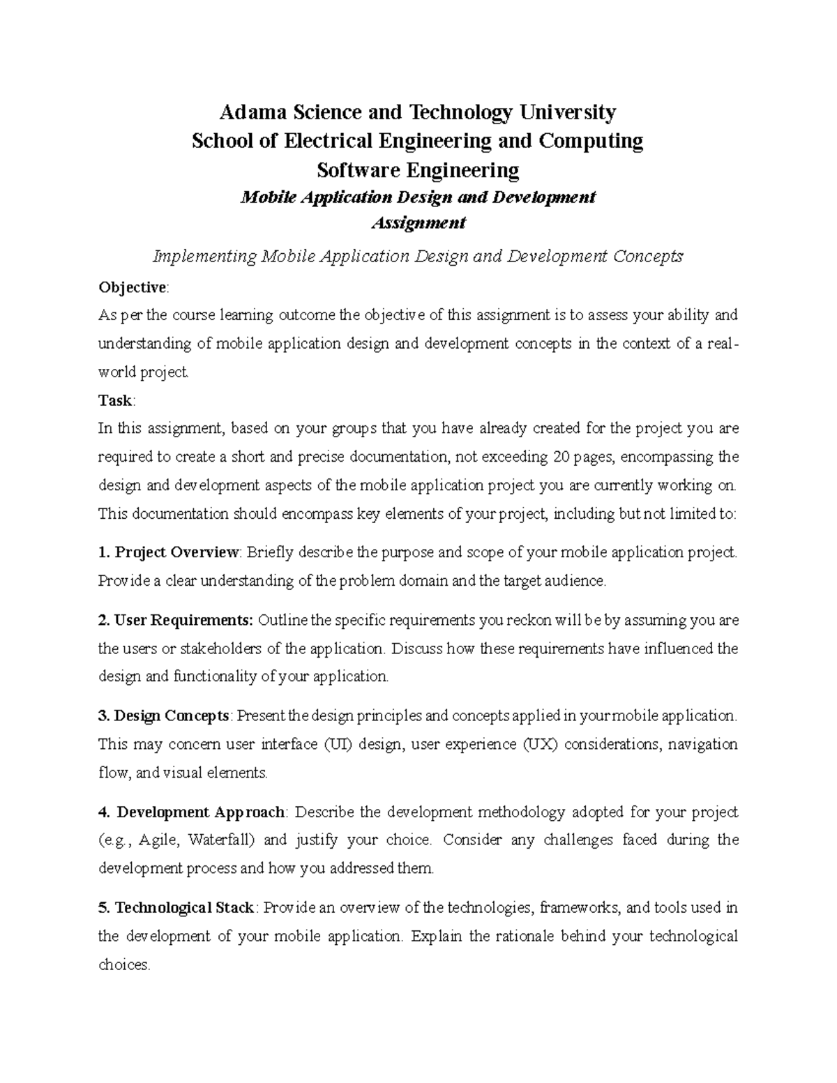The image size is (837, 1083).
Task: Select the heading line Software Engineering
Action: (x=418, y=170)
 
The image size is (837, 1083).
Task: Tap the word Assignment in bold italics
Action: (x=418, y=223)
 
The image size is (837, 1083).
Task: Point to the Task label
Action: (x=115, y=400)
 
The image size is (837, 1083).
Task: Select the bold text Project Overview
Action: (x=176, y=552)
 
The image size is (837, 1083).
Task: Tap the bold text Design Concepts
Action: (x=172, y=715)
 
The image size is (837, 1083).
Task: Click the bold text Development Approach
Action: (x=201, y=812)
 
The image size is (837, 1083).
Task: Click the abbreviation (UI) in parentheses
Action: (x=338, y=744)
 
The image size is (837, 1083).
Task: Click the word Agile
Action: (x=158, y=840)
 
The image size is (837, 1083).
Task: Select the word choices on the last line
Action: (x=123, y=965)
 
